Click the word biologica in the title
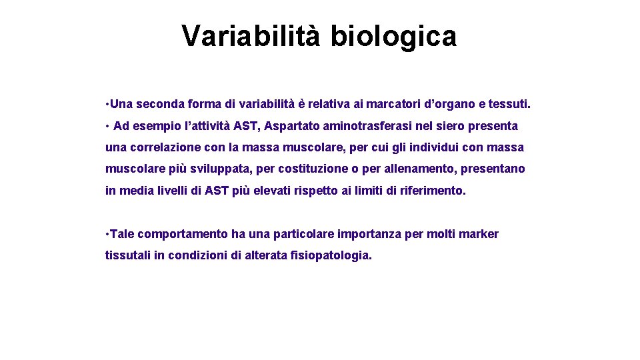click(393, 37)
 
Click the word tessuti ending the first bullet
click(509, 104)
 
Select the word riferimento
click(433, 190)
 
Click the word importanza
click(370, 234)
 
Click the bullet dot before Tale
click(107, 234)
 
